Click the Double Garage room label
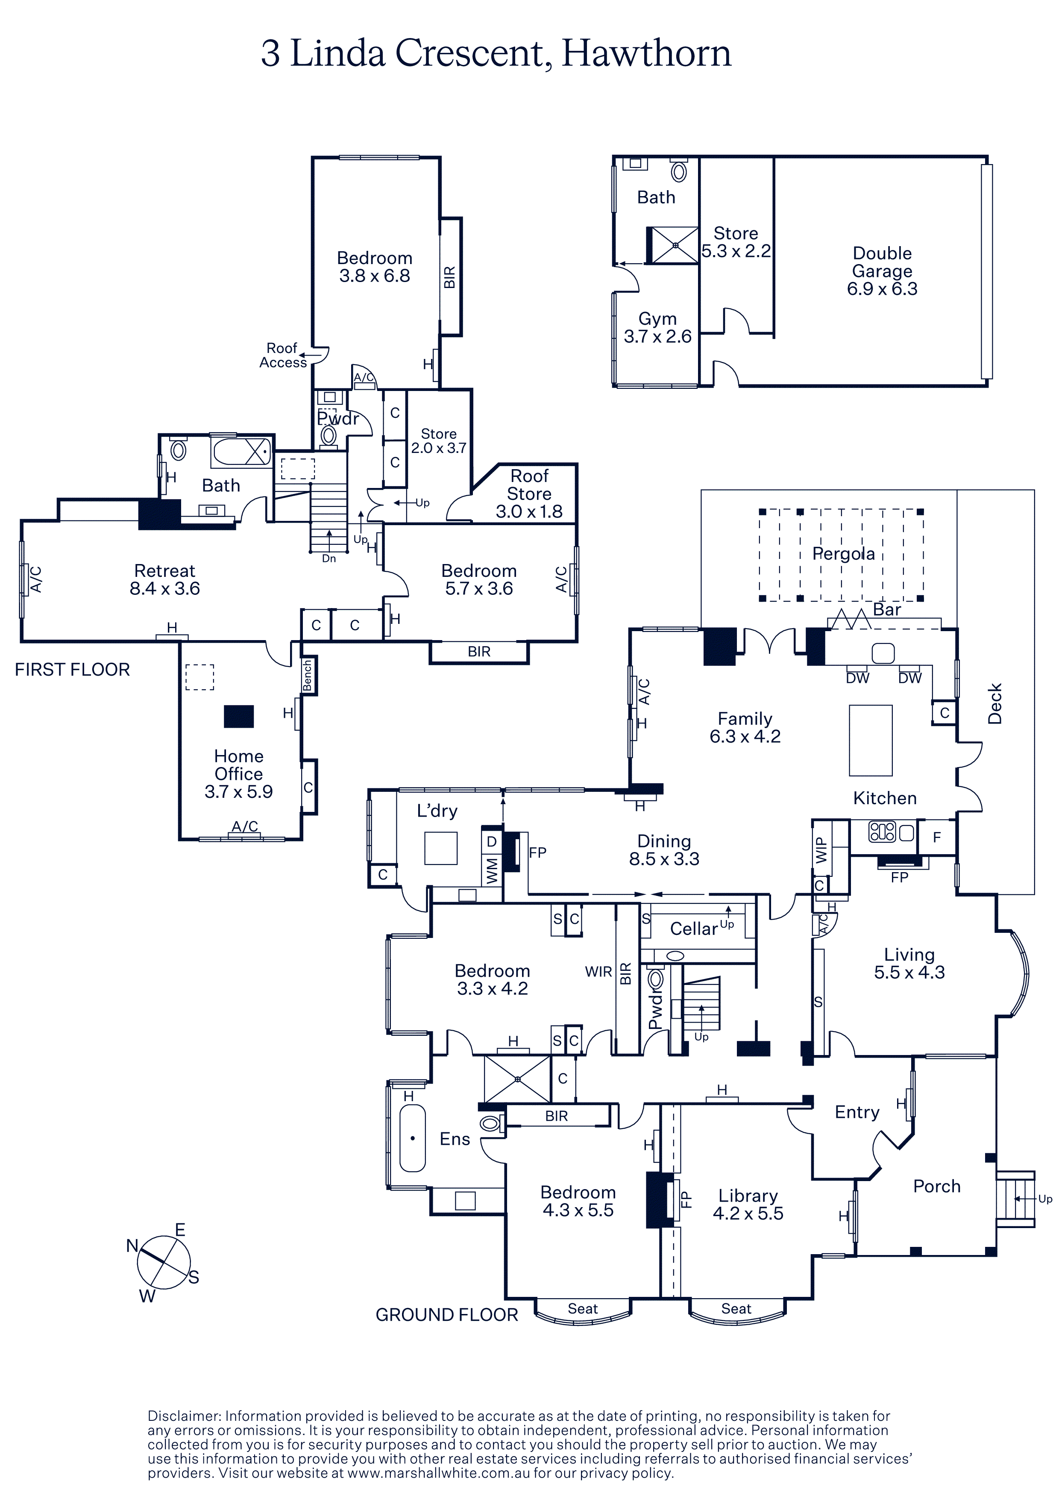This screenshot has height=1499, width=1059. pos(882,271)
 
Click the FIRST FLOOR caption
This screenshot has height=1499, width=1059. pos(73,670)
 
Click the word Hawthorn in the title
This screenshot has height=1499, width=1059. pos(646,53)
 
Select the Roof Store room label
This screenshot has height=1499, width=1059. pos(529,485)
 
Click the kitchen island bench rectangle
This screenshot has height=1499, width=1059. pos(871,741)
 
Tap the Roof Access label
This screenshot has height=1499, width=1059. pos(282,356)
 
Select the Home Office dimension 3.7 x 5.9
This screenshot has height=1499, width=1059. pos(238,792)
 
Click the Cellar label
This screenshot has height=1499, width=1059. pos(694,929)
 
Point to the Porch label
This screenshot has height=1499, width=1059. pos(936,1186)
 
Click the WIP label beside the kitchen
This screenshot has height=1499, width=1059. pos(821,850)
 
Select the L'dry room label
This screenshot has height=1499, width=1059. pos(437,811)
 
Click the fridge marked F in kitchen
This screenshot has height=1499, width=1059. pos(937,838)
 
